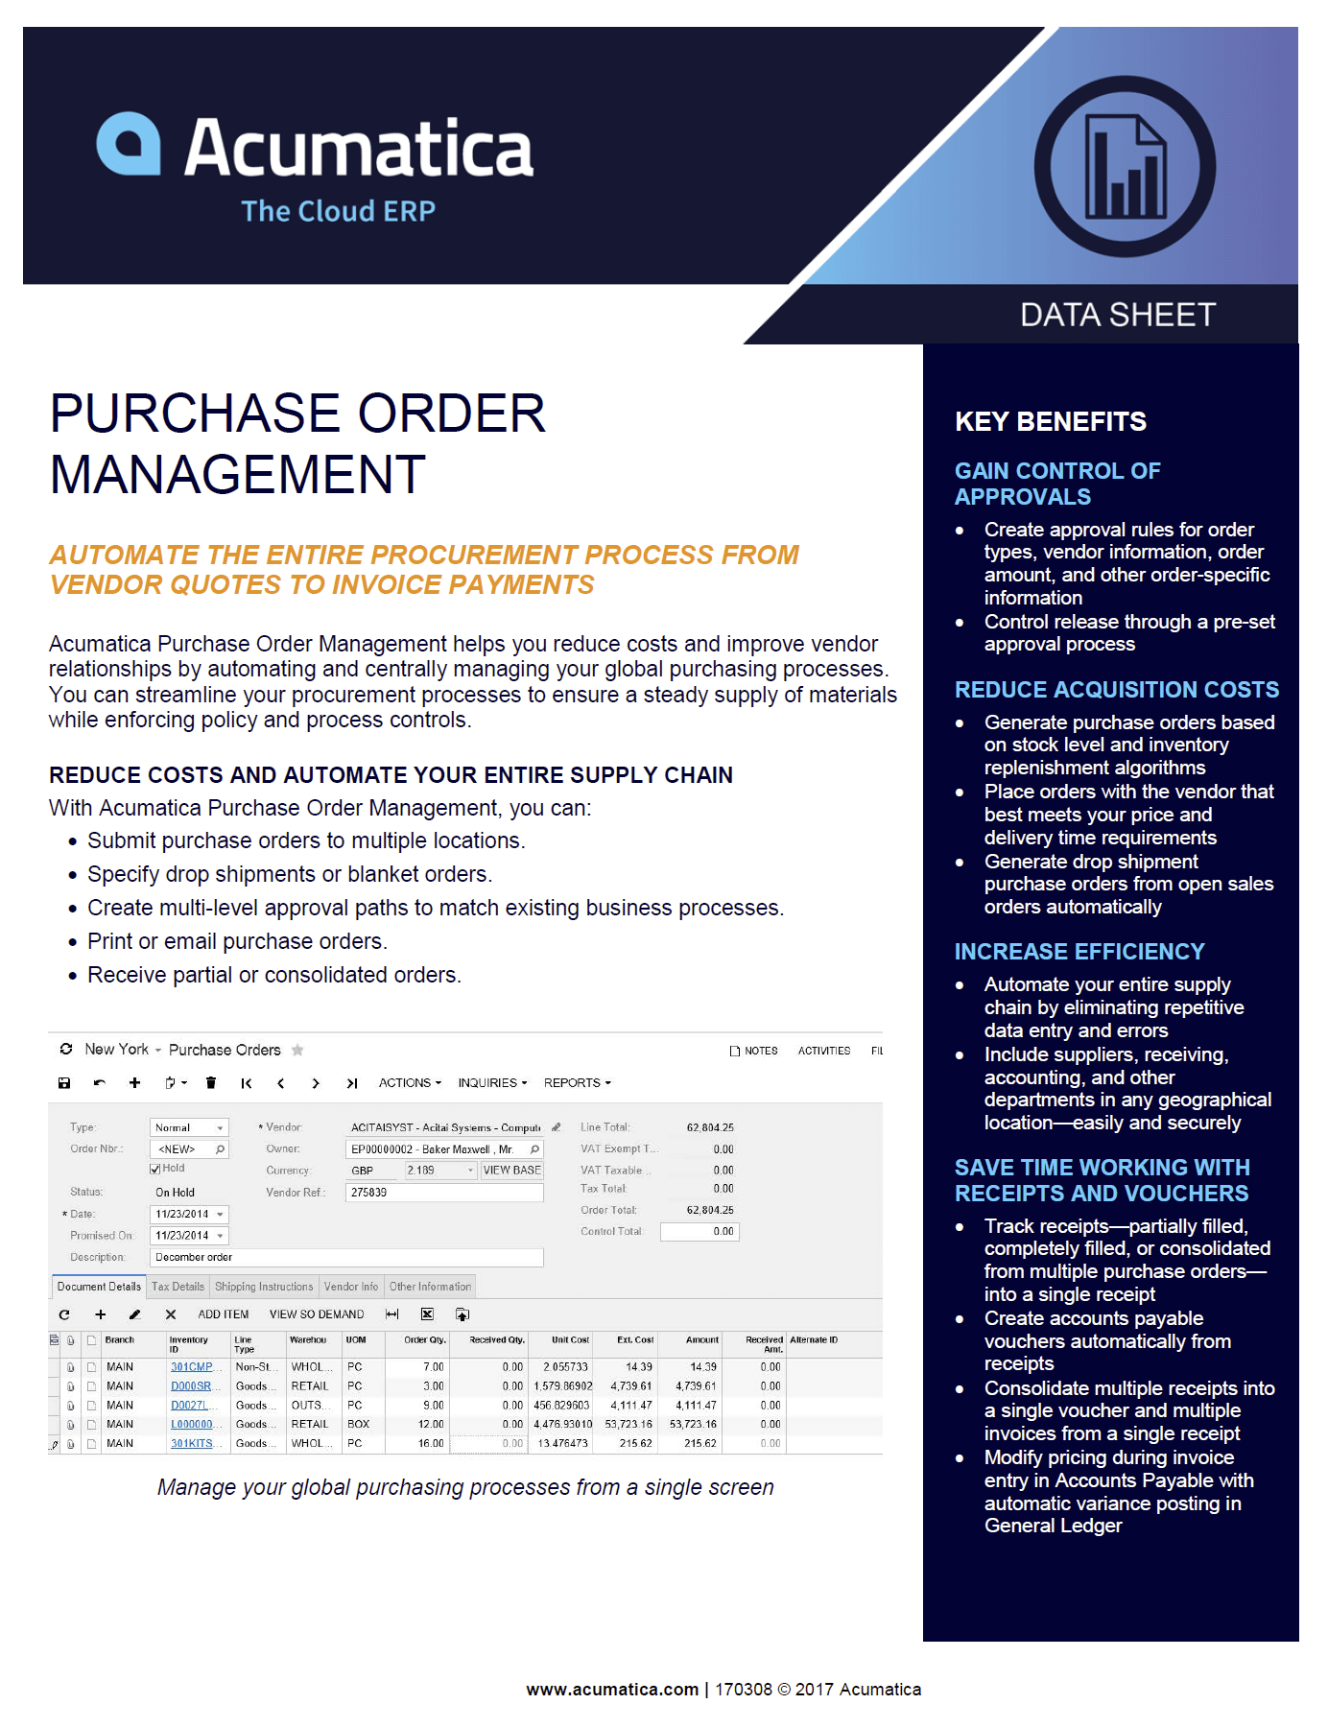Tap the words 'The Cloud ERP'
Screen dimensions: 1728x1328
point(338,211)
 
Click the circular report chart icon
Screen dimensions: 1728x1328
point(1124,167)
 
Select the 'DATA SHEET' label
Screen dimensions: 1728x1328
point(1117,315)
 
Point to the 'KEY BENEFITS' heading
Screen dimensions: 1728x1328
point(1050,421)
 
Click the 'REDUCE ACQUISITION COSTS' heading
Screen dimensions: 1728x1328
point(1116,690)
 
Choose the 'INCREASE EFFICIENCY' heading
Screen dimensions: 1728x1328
point(1079,952)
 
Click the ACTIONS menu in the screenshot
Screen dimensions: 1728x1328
point(410,1083)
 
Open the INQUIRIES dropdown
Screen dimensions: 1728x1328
point(492,1083)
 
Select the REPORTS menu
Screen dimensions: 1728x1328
point(577,1083)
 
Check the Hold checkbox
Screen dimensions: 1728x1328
point(155,1169)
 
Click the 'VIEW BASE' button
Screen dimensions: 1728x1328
point(511,1171)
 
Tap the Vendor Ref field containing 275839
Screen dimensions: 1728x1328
point(443,1193)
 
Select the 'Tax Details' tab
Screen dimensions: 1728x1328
point(178,1287)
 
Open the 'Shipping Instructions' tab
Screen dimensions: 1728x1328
point(264,1287)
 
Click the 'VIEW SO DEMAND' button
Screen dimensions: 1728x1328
point(316,1314)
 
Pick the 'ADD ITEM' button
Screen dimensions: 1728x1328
point(223,1314)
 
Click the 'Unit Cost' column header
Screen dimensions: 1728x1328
point(570,1340)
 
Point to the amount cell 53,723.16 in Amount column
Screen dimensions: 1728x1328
point(693,1425)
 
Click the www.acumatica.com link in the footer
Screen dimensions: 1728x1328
point(612,1690)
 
